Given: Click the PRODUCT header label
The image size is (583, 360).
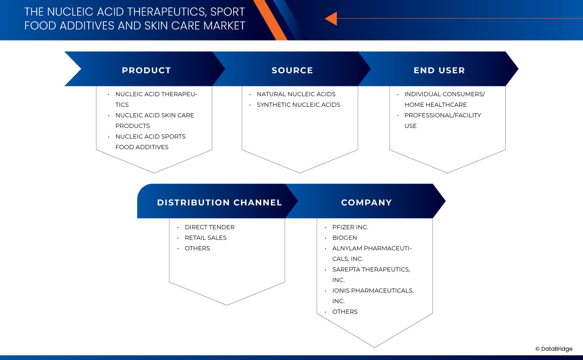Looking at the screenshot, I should coord(146,70).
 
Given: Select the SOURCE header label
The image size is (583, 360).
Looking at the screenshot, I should coord(292,70).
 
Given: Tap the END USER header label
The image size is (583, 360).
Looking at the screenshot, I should coord(439,70).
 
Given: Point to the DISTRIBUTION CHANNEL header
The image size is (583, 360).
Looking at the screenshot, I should coord(219,202).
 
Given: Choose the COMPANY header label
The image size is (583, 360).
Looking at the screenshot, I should coord(366,202).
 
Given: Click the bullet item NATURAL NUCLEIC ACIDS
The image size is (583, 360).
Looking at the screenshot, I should coord(296,94).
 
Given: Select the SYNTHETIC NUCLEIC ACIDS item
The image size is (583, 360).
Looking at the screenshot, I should coord(298,105).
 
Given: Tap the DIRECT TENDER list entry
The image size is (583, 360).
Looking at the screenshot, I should coord(210,227).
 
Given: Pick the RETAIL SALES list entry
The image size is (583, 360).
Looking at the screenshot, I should coord(205,238).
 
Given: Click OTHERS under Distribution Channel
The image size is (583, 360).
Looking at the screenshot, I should coord(197,248).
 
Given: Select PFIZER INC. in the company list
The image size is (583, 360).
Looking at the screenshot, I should coord(350,227).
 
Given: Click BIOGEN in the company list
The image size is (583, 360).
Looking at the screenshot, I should coord(344,238).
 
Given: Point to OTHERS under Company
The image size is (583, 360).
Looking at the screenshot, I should coord(345,312).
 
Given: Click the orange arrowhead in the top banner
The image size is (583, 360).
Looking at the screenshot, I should coord(331,18).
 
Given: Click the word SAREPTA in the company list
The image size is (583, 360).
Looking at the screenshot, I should coord(346,269).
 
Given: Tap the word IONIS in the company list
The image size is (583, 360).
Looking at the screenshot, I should coord(341,291).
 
